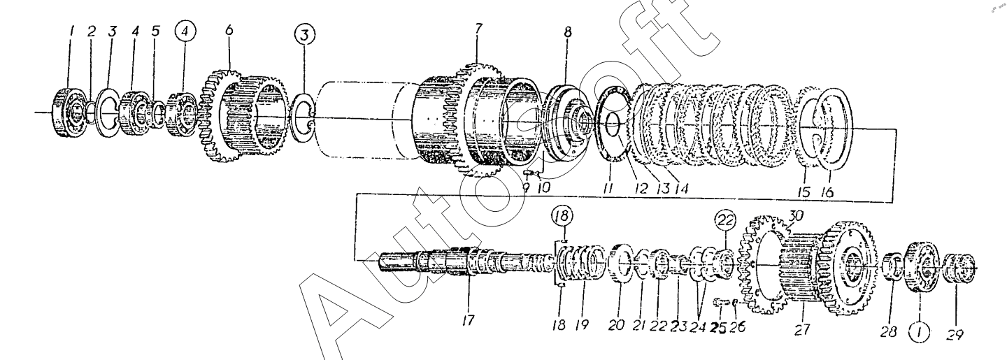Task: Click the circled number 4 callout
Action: click(x=187, y=32)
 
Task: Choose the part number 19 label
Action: click(x=582, y=325)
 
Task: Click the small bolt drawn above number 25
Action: click(x=719, y=302)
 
